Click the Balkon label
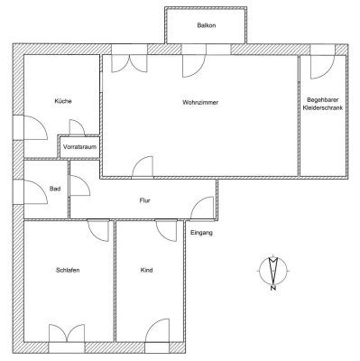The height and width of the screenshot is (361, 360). pyautogui.click(x=206, y=26)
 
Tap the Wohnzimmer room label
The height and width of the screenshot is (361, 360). pyautogui.click(x=200, y=102)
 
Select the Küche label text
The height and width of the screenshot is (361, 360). pyautogui.click(x=63, y=102)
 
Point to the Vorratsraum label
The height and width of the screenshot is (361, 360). pyautogui.click(x=79, y=146)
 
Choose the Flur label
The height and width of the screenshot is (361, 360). pyautogui.click(x=143, y=200)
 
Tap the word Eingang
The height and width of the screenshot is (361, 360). pyautogui.click(x=202, y=234)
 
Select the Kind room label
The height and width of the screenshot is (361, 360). pyautogui.click(x=147, y=270)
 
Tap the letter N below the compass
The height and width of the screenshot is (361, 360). pyautogui.click(x=272, y=289)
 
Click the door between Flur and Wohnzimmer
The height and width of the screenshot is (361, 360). pyautogui.click(x=143, y=168)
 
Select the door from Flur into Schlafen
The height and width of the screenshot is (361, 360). pyautogui.click(x=96, y=230)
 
